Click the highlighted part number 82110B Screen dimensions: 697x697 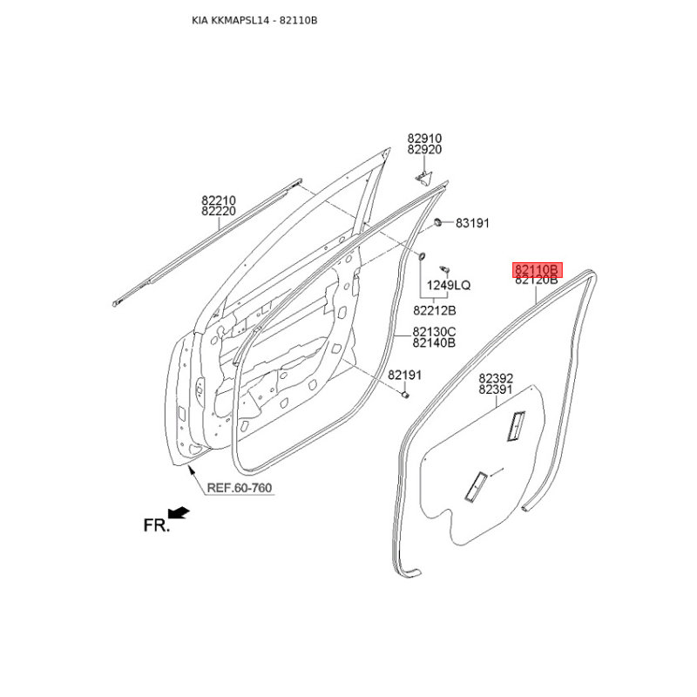point(537,269)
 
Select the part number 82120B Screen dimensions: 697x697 point(537,281)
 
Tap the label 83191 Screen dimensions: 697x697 point(472,223)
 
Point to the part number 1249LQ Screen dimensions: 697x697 point(449,285)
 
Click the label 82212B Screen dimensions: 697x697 point(434,310)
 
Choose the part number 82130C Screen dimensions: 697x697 point(434,332)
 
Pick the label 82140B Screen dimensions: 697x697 point(434,342)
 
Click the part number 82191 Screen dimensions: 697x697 point(404,376)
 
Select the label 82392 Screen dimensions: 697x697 point(496,378)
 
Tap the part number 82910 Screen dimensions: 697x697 point(424,139)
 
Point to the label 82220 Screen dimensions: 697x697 point(219,211)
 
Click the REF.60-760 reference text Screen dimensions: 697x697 point(239,488)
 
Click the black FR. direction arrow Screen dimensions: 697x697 point(179,512)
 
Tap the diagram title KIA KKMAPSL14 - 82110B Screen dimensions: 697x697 point(254,20)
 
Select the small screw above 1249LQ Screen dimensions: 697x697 point(444,269)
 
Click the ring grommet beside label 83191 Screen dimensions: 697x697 point(438,222)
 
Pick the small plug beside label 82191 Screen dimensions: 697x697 point(405,395)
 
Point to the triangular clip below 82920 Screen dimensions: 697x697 point(423,177)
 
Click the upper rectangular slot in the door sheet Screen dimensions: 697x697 point(516,426)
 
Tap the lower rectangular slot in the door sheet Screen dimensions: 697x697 point(476,486)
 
